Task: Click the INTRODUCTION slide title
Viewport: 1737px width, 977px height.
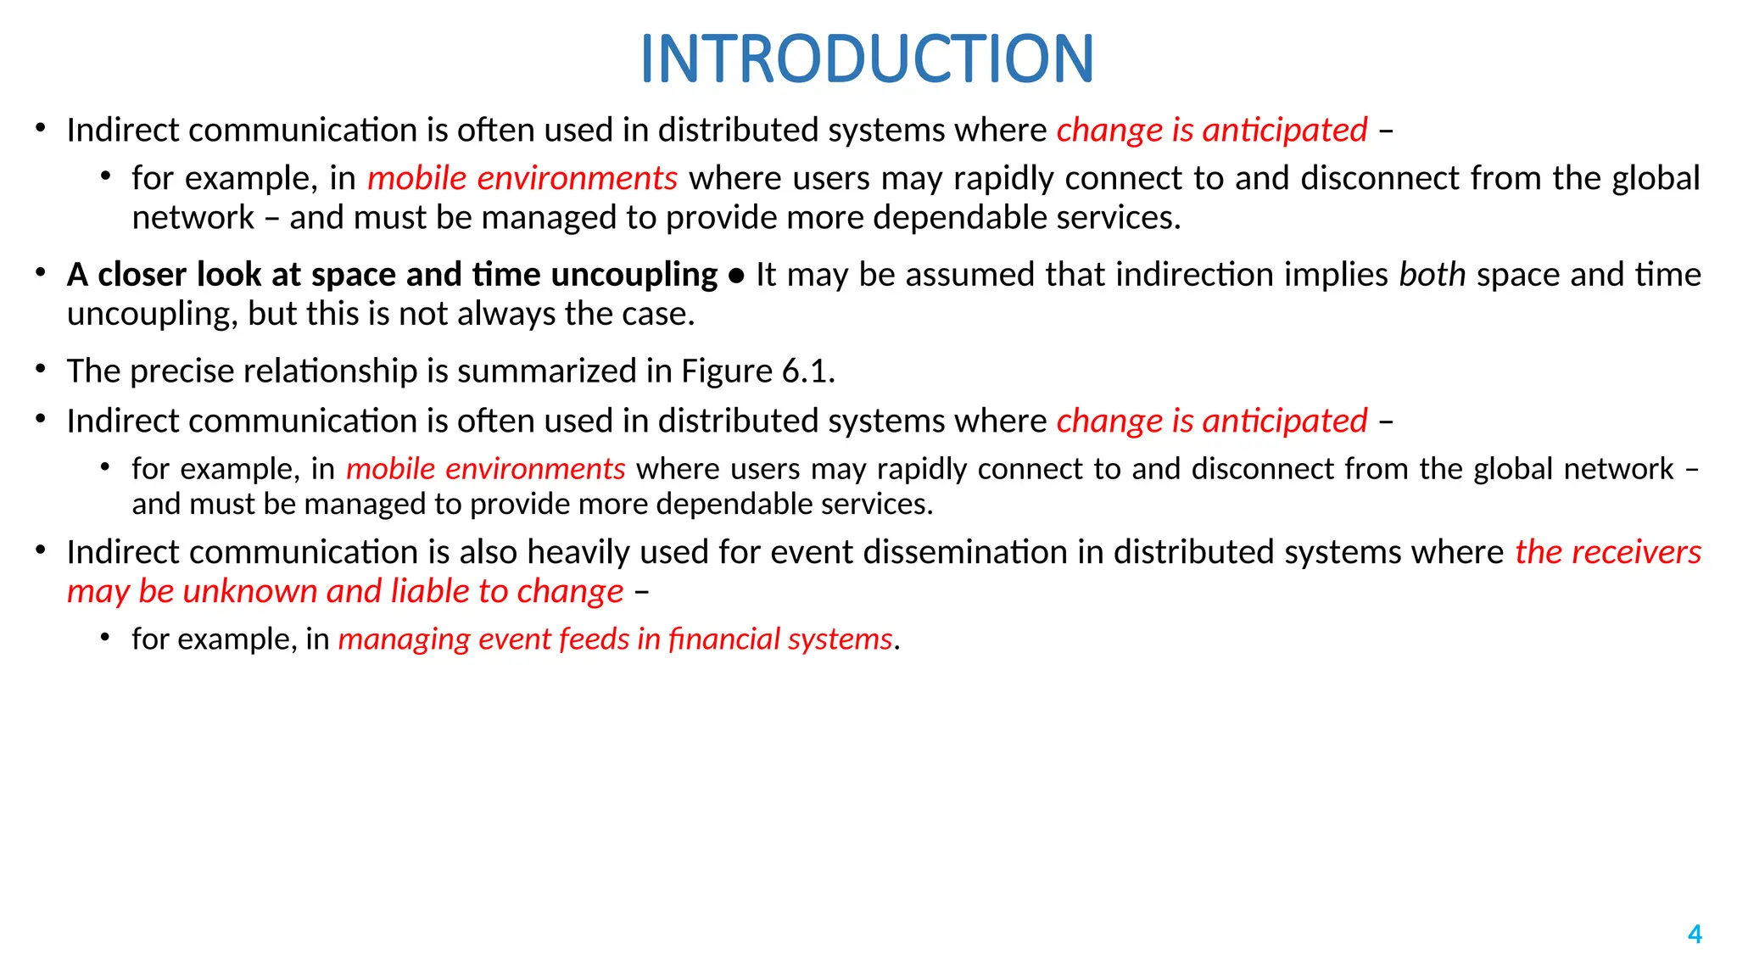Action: click(867, 59)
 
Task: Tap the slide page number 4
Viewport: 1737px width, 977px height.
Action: click(1695, 934)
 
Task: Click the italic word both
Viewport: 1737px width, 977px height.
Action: click(1432, 275)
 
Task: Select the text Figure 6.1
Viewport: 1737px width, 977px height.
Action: click(758, 371)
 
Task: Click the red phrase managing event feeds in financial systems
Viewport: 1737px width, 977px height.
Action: click(615, 639)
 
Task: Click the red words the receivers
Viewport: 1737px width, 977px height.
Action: click(1608, 552)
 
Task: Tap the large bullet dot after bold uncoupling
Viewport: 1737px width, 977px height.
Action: click(736, 276)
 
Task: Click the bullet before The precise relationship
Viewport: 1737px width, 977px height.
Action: click(40, 369)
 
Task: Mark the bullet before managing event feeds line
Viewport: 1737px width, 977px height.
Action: click(105, 636)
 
